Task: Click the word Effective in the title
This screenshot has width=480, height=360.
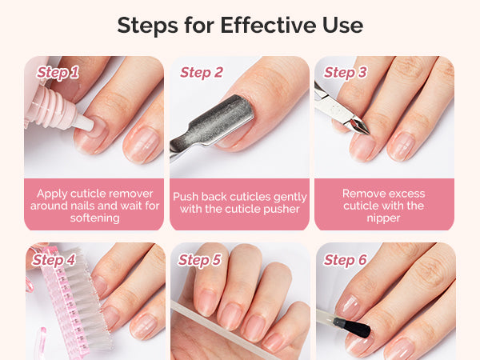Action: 269,25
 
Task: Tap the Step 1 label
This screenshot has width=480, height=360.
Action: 58,73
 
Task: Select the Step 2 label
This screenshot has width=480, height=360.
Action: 202,73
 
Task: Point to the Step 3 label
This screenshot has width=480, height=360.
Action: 346,73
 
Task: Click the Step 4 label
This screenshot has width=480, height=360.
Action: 54,260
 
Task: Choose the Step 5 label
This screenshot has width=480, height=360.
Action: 199,260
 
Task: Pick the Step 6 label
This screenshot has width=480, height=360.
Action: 345,260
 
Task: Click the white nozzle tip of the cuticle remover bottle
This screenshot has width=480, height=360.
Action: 85,122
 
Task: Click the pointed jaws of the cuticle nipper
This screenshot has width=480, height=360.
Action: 358,126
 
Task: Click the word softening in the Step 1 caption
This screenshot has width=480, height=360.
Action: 94,218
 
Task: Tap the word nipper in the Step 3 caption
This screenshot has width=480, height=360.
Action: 383,218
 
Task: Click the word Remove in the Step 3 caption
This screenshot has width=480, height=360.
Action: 359,194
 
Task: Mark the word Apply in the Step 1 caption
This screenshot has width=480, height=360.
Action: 52,194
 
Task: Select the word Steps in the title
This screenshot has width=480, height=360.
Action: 147,26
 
